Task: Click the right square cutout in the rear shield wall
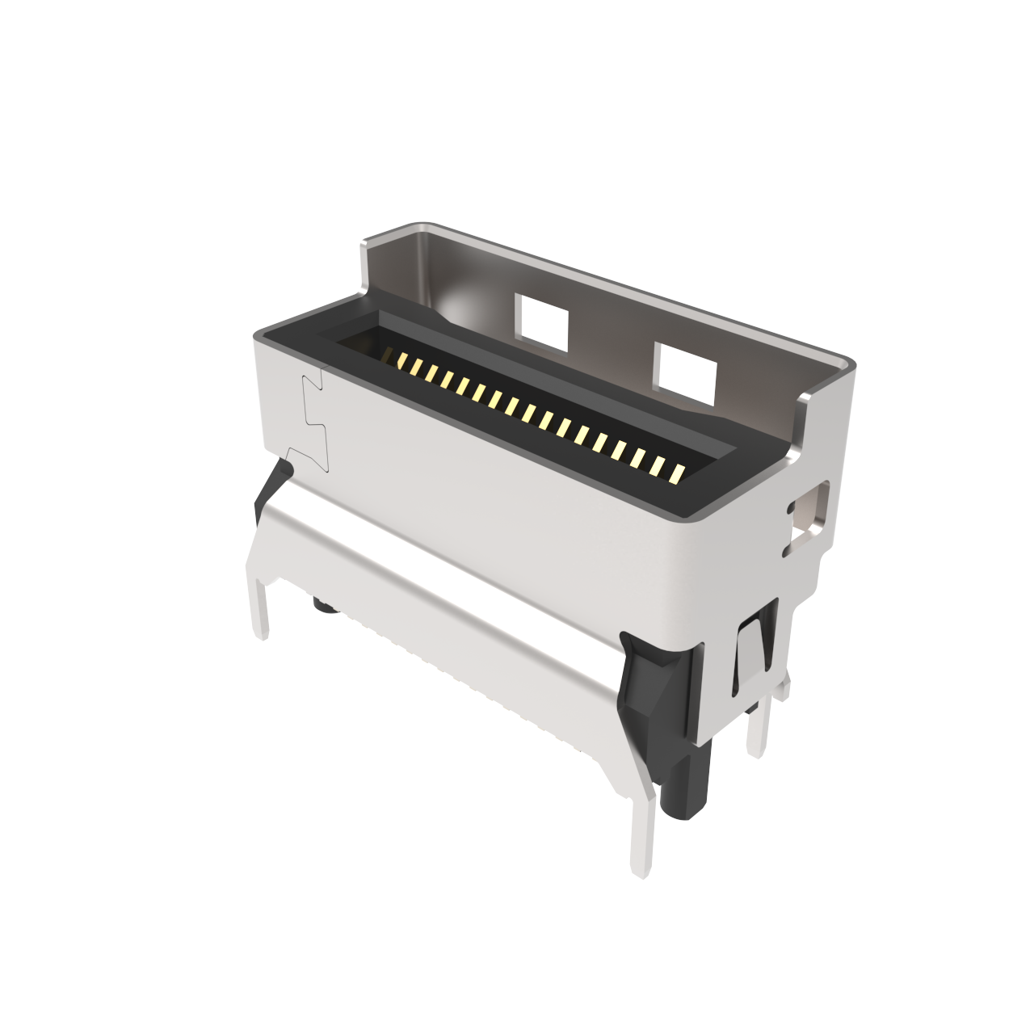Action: coord(686,372)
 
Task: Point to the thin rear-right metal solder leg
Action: coord(758,731)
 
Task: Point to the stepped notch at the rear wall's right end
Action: coord(801,412)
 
